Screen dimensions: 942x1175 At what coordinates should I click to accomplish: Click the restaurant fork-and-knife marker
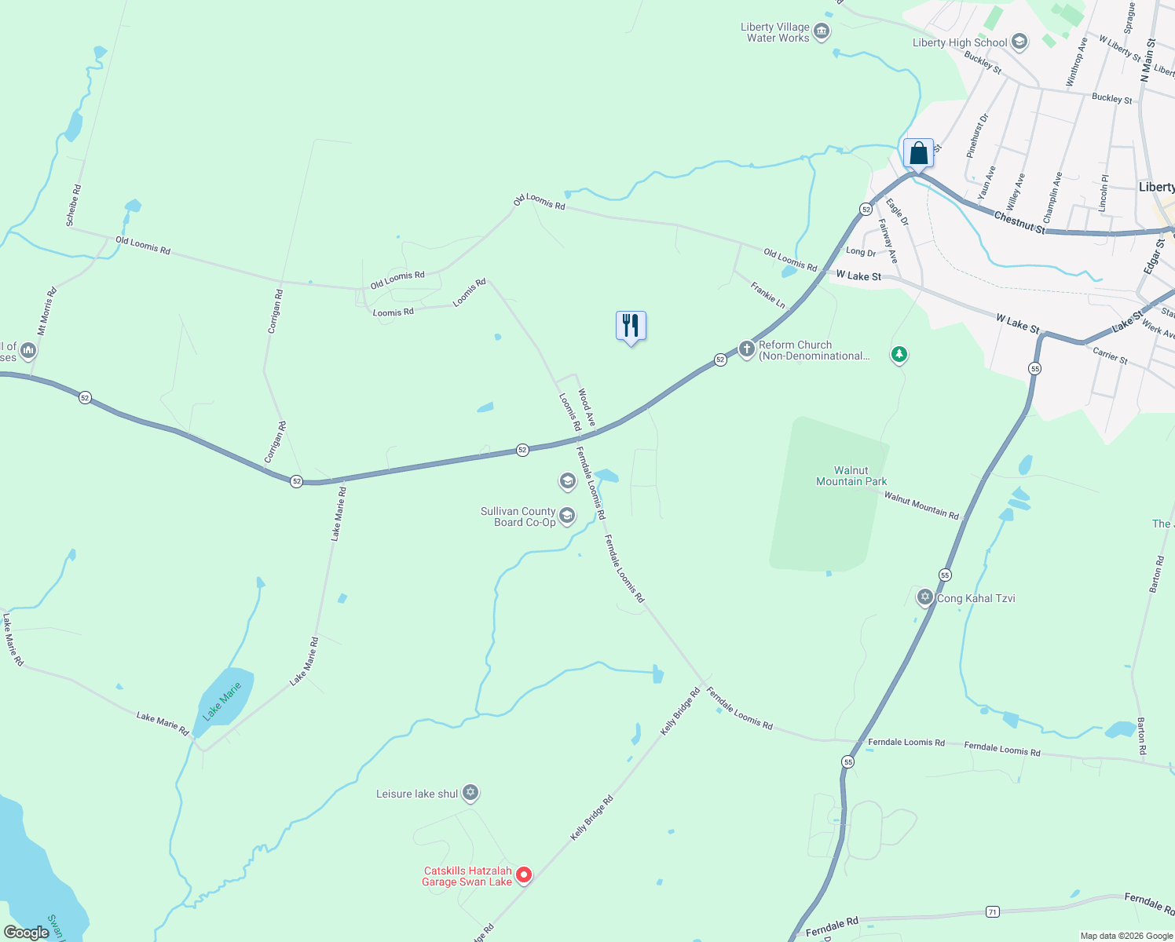click(x=631, y=326)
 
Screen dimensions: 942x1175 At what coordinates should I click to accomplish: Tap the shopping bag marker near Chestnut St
click(x=918, y=154)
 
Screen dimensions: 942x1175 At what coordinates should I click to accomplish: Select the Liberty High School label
click(x=960, y=42)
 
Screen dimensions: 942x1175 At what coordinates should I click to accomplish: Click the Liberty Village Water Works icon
click(x=822, y=32)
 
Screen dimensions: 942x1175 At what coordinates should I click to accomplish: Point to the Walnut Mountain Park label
click(x=851, y=476)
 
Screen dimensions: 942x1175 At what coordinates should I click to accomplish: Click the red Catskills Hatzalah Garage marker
click(x=523, y=874)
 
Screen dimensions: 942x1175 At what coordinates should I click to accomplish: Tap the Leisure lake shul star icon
click(x=470, y=793)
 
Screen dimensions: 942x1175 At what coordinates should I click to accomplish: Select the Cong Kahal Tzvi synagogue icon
click(x=925, y=598)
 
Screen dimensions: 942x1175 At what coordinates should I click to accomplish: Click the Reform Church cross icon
click(x=746, y=349)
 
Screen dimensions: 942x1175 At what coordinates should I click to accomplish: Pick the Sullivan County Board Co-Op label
click(x=518, y=517)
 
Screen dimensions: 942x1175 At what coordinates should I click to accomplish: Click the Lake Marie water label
click(x=222, y=702)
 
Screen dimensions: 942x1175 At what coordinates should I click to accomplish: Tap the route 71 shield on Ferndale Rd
click(x=993, y=911)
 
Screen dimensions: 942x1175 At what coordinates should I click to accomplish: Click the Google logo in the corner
click(x=26, y=933)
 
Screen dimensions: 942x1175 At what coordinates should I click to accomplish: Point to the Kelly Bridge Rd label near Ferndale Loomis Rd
click(x=680, y=711)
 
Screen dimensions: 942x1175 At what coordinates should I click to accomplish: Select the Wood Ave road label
click(x=587, y=407)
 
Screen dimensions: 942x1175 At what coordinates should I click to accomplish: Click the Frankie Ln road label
click(x=767, y=295)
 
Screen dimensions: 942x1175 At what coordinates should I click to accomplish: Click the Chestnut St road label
click(x=1019, y=222)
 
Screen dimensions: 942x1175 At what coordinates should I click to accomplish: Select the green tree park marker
click(x=899, y=355)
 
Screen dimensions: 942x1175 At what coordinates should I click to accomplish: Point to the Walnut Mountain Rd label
click(x=921, y=506)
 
